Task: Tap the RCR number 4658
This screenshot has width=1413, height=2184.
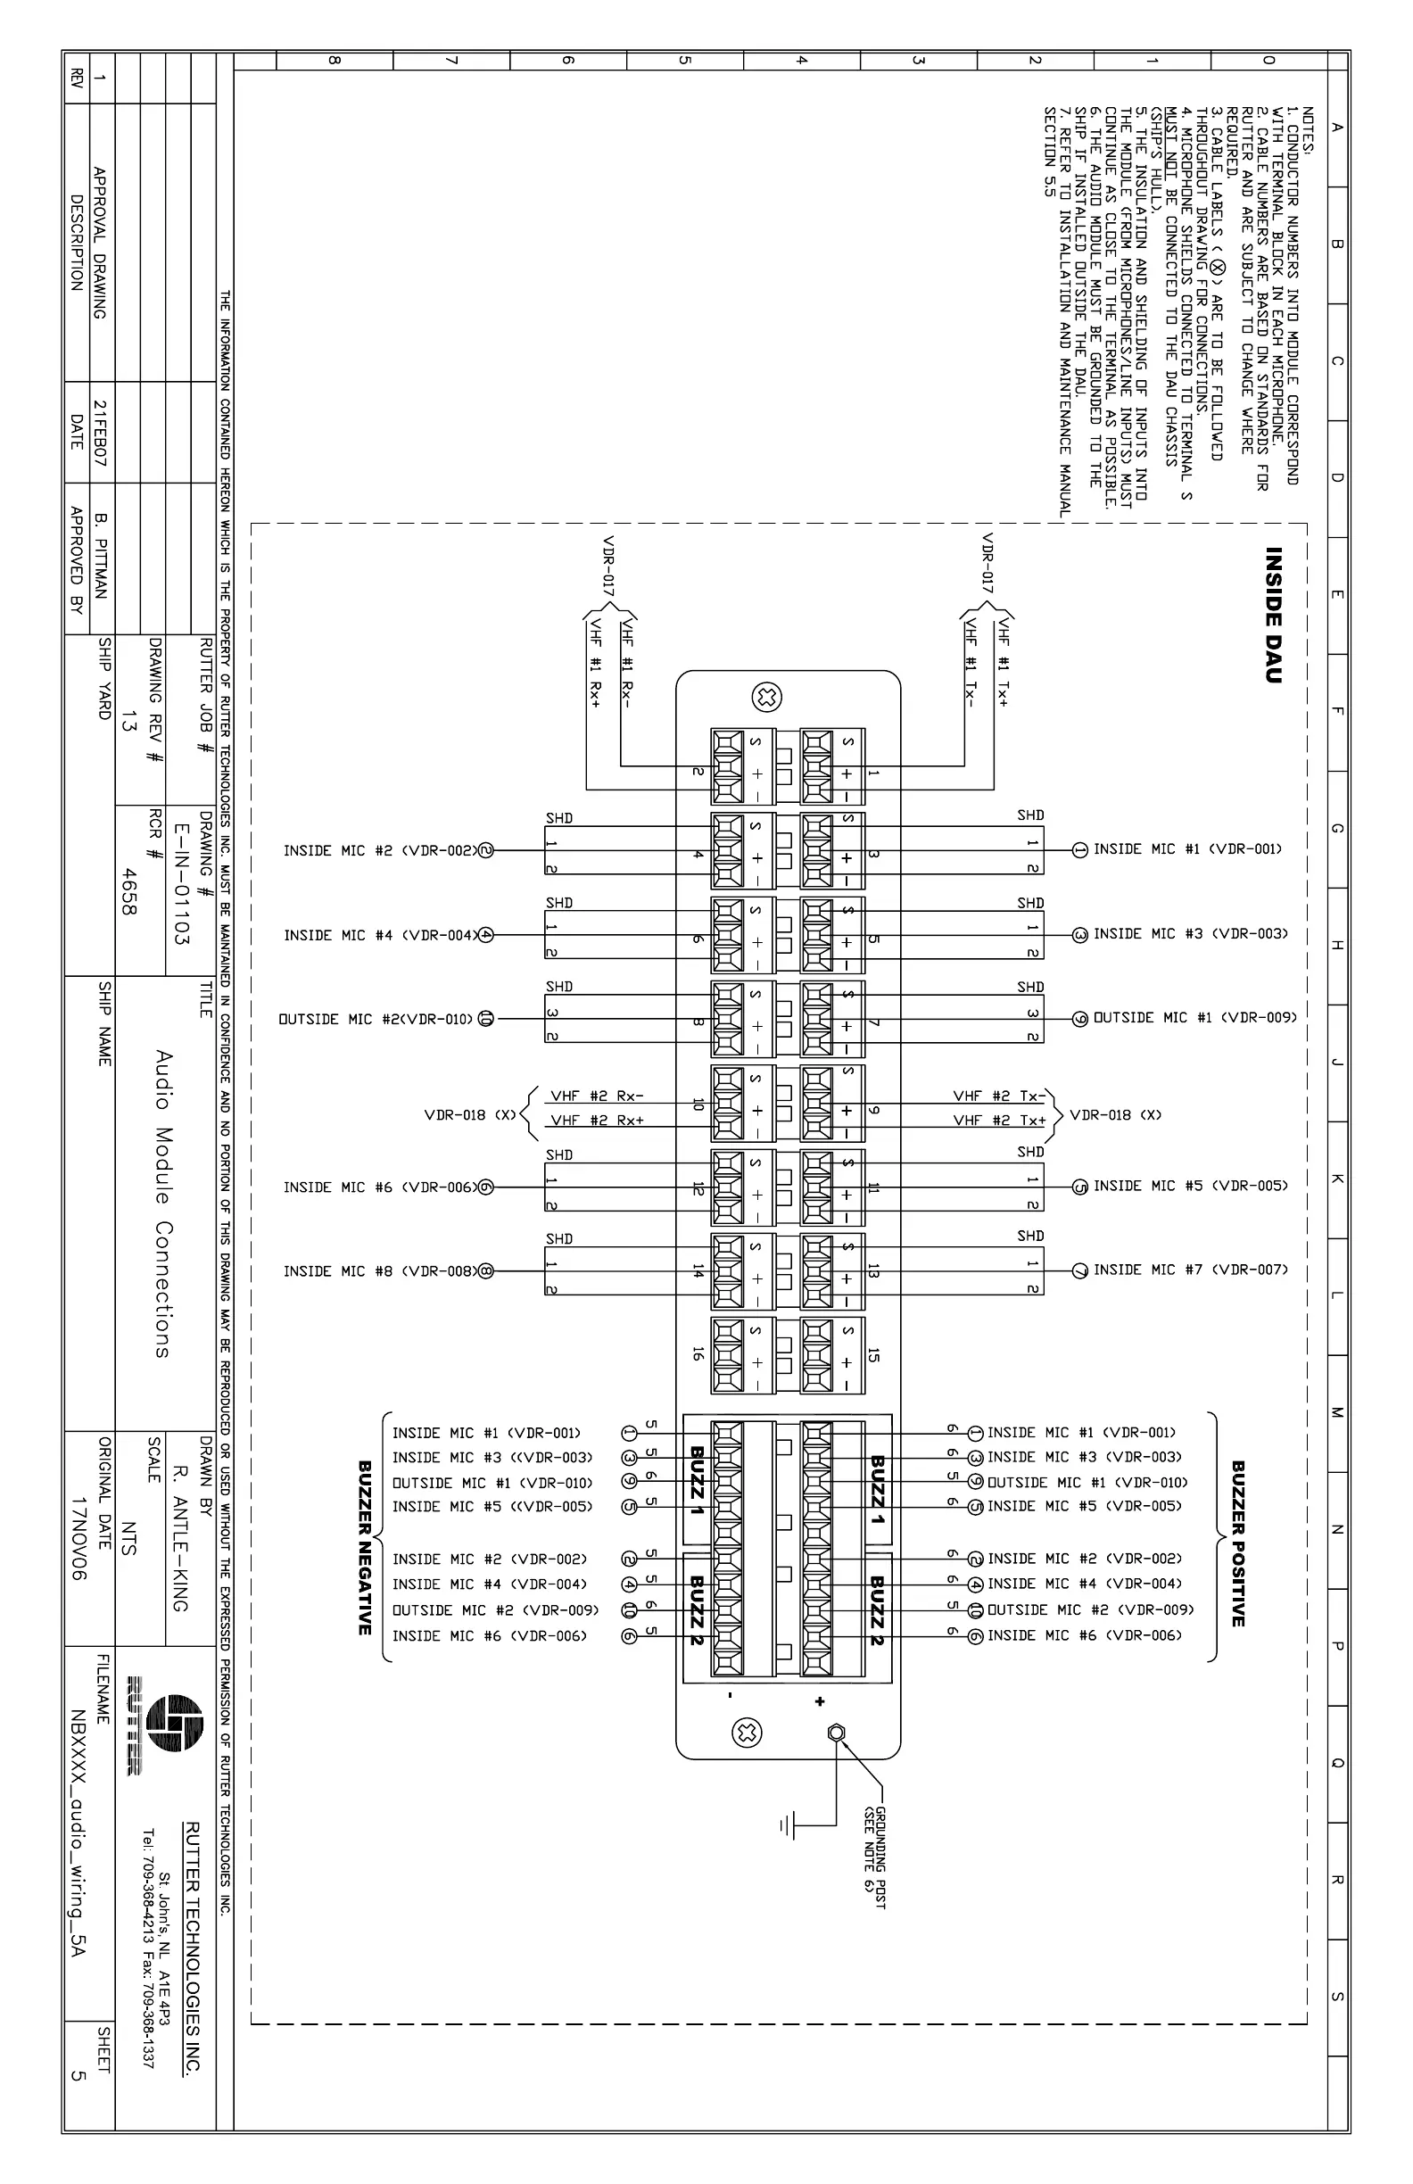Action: pyautogui.click(x=128, y=892)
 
